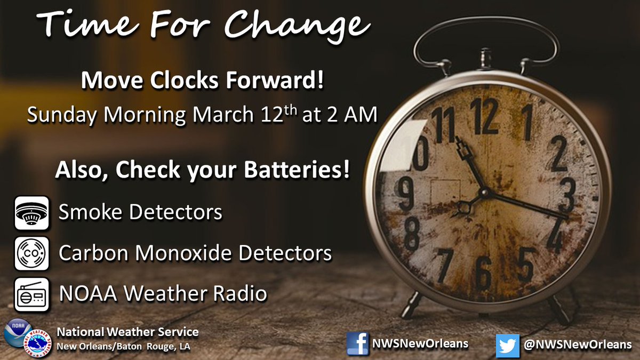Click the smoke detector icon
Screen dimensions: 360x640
31,213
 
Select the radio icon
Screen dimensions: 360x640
31,294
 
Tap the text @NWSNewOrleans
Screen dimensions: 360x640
577,345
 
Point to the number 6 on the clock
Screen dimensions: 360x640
483,271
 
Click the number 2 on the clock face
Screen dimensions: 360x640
558,154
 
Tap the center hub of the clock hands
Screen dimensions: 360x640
485,193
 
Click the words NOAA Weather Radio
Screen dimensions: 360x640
163,293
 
